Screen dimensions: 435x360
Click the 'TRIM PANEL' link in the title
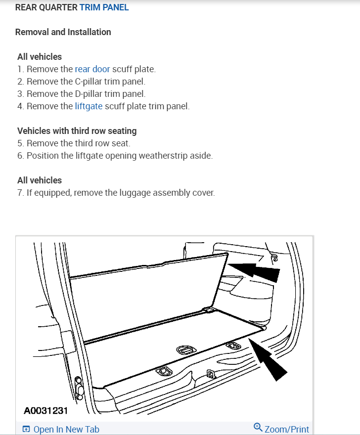[104, 8]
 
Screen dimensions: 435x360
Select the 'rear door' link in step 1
[92, 69]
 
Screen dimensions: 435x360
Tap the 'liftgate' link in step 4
[89, 106]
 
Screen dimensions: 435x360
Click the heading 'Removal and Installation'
[63, 32]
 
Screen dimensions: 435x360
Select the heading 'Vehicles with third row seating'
[77, 131]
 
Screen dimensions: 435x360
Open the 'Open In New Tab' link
[66, 429]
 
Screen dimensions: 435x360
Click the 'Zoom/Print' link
[286, 429]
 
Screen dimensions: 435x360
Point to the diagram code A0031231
[45, 411]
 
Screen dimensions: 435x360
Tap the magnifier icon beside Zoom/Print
[258, 427]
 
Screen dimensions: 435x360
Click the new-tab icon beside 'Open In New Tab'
[27, 429]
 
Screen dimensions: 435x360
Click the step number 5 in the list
[20, 143]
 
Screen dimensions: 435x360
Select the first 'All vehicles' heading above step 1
[40, 57]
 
